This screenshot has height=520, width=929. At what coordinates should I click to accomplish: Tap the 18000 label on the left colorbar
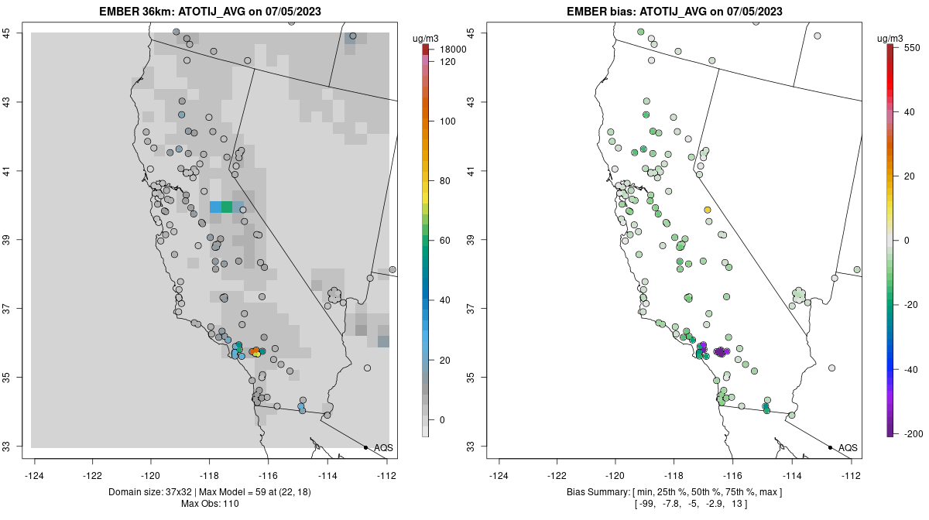tap(453, 50)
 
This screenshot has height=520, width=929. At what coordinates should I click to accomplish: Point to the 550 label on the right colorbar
tap(911, 47)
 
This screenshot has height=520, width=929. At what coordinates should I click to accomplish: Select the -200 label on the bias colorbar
tap(912, 433)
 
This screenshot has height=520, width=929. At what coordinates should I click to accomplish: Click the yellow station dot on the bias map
tap(708, 210)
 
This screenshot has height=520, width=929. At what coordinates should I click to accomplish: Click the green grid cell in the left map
tap(227, 207)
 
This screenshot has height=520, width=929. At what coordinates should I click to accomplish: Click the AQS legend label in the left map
tap(383, 447)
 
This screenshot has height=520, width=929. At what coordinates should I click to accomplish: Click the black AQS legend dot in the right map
tap(830, 447)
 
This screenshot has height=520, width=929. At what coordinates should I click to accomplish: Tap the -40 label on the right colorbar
tap(910, 369)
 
